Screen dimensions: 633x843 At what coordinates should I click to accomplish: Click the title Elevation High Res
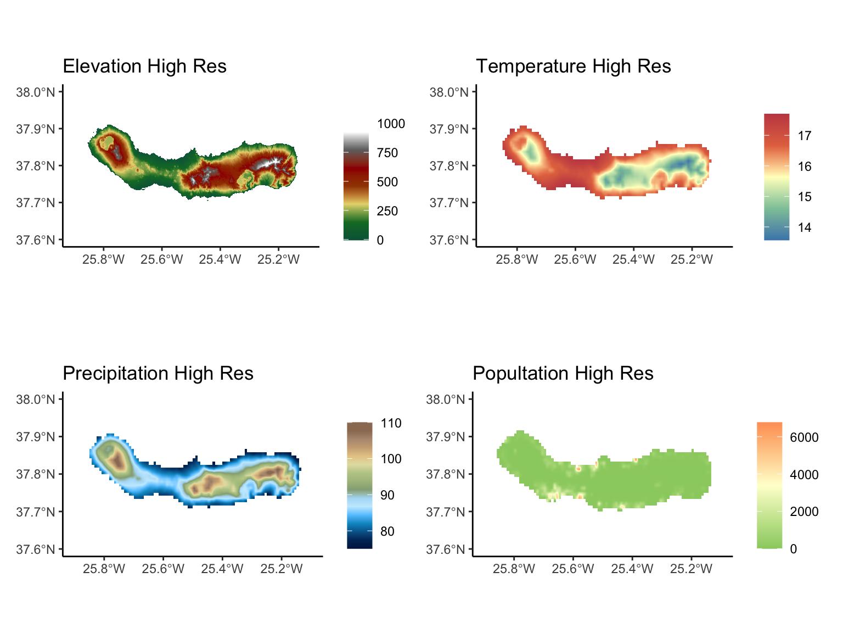tap(144, 66)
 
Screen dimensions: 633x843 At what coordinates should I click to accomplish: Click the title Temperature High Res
tap(573, 66)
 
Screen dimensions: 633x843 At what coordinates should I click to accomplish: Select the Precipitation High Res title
tap(158, 374)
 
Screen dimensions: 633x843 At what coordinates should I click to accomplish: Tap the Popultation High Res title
tap(563, 374)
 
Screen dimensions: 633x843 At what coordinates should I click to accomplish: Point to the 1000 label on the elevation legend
tap(391, 124)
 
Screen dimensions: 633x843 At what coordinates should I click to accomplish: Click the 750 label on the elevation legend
tap(387, 153)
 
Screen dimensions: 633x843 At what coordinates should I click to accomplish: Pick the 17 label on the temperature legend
tap(804, 136)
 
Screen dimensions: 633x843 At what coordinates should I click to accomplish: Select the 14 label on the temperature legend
tap(804, 227)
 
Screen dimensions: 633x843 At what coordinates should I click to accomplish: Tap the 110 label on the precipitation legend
tap(391, 423)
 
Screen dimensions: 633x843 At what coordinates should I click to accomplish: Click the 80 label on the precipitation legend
tap(387, 531)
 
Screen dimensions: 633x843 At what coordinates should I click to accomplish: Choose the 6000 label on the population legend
tap(804, 437)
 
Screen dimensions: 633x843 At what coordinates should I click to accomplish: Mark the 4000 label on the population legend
tap(804, 475)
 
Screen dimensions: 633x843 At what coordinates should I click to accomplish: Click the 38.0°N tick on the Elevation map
tap(36, 92)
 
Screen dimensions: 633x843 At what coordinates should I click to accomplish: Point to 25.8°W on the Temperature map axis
tap(516, 259)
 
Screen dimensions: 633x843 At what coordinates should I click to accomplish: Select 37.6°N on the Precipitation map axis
tap(36, 549)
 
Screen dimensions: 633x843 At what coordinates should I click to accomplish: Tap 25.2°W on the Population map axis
tap(691, 569)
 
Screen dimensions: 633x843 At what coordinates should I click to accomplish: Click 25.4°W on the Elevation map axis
tap(220, 259)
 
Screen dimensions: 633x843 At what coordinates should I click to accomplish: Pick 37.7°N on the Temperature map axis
tap(449, 203)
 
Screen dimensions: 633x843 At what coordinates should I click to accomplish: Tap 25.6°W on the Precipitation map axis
tap(163, 569)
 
